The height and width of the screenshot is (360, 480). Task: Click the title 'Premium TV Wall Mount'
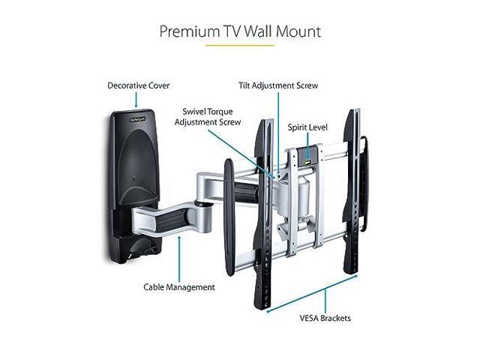[x=240, y=31]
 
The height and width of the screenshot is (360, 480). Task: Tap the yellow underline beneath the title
[x=240, y=46]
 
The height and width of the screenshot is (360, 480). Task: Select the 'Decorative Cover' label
[x=138, y=85]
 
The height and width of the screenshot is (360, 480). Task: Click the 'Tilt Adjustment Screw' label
[x=278, y=85]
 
